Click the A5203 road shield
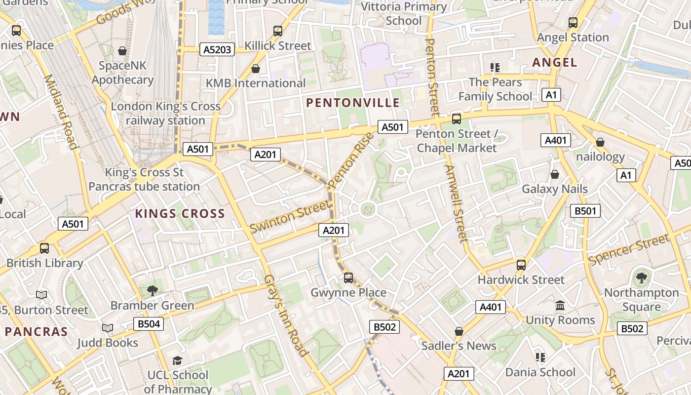[x=217, y=49]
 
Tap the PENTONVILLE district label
[x=352, y=103]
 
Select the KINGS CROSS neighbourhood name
[x=180, y=214]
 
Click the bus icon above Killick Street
[x=278, y=31]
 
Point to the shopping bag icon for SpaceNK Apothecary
[x=122, y=51]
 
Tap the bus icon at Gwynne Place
[x=348, y=278]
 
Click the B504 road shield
[x=148, y=324]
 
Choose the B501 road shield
[x=585, y=211]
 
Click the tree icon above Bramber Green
[x=153, y=290]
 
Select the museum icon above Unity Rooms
[x=560, y=306]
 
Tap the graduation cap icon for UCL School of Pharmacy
[x=177, y=361]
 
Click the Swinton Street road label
[x=290, y=217]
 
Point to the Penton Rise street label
[x=351, y=160]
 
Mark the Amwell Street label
[x=456, y=203]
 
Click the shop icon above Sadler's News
[x=459, y=331]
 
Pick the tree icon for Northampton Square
[x=641, y=278]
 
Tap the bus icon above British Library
[x=44, y=248]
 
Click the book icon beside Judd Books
[x=107, y=328]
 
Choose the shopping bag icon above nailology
[x=600, y=143]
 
